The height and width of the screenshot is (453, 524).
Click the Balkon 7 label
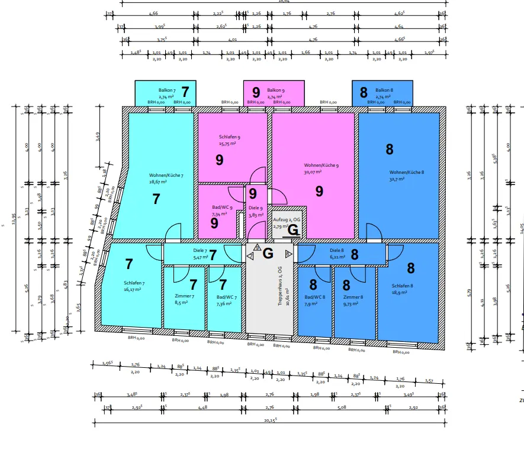159,89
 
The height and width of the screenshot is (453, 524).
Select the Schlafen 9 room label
230,137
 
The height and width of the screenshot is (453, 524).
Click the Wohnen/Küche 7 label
166,175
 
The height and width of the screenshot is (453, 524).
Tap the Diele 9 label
255,208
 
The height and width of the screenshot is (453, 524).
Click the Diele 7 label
200,250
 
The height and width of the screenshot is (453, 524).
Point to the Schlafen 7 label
134,283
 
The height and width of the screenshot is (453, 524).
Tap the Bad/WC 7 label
227,297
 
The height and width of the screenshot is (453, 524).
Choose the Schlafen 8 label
402,286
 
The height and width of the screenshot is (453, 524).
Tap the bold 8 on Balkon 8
364,92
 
